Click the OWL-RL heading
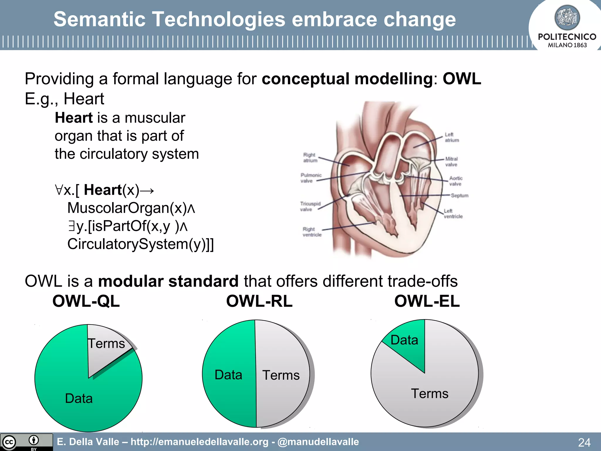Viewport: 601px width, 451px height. pos(259,301)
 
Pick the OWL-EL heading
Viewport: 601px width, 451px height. pos(427,301)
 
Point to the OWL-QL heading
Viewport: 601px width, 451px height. pos(86,301)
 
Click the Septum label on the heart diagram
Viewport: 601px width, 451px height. pos(460,196)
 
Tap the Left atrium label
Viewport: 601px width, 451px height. pos(451,137)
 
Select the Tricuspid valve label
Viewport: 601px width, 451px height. pos(310,206)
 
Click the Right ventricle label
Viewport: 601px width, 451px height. pos(312,232)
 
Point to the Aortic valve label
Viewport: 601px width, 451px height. pos(455,181)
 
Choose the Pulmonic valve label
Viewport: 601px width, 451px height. pos(310,178)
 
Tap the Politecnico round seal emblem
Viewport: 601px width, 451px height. pos(567,18)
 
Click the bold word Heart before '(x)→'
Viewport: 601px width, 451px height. pos(103,190)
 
